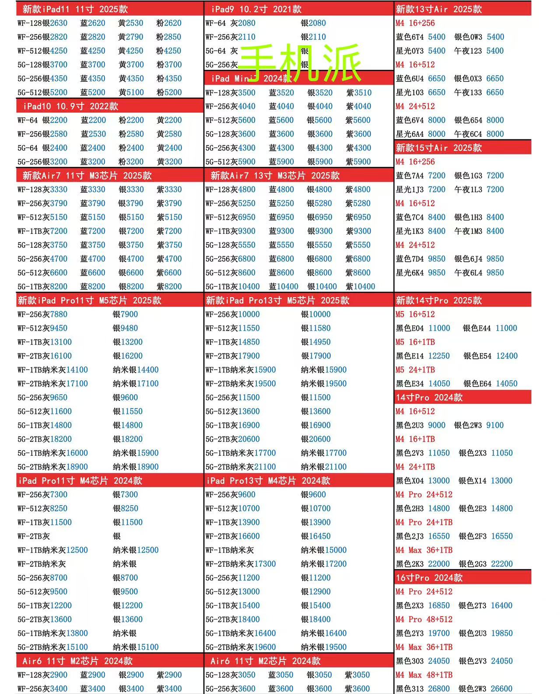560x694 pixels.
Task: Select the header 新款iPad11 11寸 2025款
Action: tap(75, 9)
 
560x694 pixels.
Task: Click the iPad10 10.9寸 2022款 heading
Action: tap(70, 106)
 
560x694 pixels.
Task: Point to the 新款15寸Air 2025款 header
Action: tap(438, 148)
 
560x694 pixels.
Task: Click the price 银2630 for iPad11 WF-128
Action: tap(55, 23)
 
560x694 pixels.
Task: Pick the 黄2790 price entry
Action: tap(130, 37)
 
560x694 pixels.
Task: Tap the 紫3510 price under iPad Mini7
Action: tap(358, 93)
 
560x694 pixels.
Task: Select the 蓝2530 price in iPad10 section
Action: tap(93, 134)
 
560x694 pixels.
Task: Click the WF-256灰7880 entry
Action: tap(42, 314)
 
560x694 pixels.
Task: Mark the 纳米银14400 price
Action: tap(136, 370)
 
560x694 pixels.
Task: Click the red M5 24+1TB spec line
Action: tap(415, 370)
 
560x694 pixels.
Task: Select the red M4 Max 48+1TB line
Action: tap(423, 675)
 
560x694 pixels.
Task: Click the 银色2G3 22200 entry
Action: tap(485, 564)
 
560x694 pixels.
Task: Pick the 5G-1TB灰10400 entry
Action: tap(232, 287)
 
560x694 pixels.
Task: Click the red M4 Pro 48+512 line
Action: tap(423, 619)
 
